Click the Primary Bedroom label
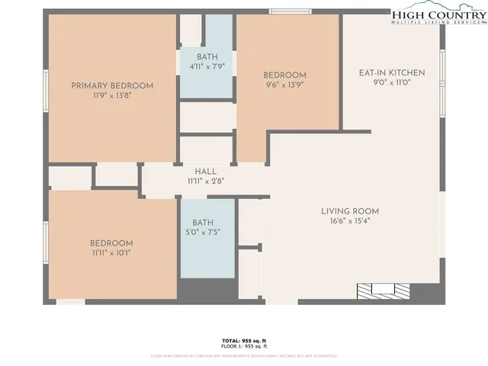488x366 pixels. tap(112, 85)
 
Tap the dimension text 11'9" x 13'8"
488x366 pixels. tap(112, 96)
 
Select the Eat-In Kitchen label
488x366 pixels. tap(392, 73)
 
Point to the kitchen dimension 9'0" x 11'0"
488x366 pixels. tap(392, 83)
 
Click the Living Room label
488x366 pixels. tap(350, 211)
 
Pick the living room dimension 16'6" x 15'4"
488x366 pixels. tap(350, 221)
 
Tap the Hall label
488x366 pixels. tap(206, 172)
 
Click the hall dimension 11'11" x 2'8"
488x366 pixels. tap(206, 181)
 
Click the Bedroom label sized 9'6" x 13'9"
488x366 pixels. tap(285, 75)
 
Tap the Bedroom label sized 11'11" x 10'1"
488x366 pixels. tap(112, 243)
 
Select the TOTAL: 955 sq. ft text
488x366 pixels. tap(244, 340)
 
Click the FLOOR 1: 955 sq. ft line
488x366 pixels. tap(244, 347)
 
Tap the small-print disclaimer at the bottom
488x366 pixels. tap(244, 355)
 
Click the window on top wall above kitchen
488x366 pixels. tap(290, 11)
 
